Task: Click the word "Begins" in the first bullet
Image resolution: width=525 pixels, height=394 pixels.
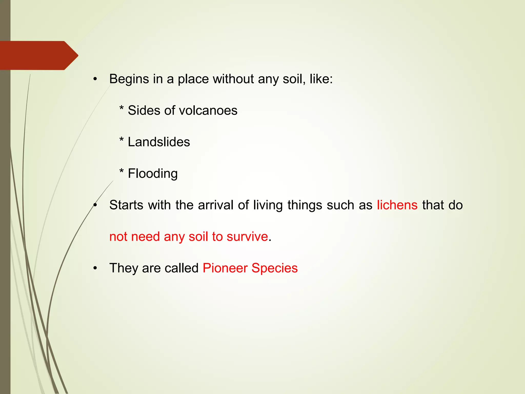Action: click(x=129, y=79)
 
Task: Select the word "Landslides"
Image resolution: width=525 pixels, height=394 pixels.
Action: click(x=159, y=142)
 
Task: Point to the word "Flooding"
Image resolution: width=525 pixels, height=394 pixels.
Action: click(x=153, y=174)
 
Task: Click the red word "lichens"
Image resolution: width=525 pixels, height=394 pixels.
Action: click(x=397, y=205)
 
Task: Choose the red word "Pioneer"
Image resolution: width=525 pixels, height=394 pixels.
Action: click(x=225, y=268)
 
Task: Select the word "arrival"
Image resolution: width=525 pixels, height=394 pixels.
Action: click(x=216, y=205)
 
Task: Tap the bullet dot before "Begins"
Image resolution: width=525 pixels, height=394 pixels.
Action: click(x=95, y=80)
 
